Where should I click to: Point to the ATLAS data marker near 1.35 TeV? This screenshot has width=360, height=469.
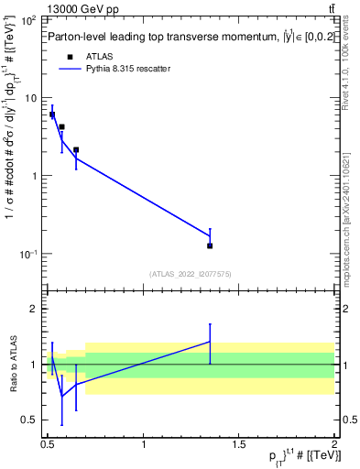pyautogui.click(x=210, y=245)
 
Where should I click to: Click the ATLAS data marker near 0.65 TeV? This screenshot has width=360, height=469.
pyautogui.click(x=76, y=150)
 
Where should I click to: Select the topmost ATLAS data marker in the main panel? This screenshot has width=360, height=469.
pyautogui.click(x=52, y=115)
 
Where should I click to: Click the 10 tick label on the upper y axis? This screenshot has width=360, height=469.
pyautogui.click(x=31, y=98)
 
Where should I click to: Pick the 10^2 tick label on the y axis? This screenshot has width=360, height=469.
pyautogui.click(x=28, y=19)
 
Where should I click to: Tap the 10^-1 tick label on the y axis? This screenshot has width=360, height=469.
pyautogui.click(x=27, y=254)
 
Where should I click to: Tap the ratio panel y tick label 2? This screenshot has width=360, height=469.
pyautogui.click(x=35, y=310)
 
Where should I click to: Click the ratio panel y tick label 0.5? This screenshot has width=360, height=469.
pyautogui.click(x=30, y=420)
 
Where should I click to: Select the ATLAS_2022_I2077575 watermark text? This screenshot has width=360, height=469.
pyautogui.click(x=191, y=273)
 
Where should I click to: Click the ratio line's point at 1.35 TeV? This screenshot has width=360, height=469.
pyautogui.click(x=210, y=342)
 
